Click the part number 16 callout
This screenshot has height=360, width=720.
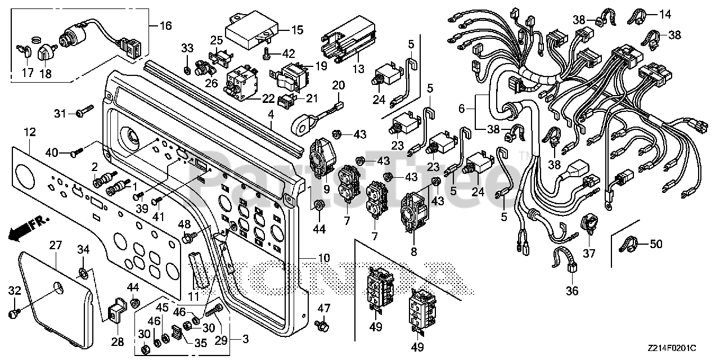(x=166, y=25)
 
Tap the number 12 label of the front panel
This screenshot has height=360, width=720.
(x=30, y=132)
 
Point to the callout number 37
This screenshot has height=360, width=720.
(x=589, y=254)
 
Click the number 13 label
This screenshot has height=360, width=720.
(x=359, y=69)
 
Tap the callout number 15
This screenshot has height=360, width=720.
(x=298, y=30)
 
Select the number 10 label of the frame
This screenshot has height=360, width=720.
(x=324, y=258)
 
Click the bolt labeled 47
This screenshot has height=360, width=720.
(x=322, y=326)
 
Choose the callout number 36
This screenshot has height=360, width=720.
(x=572, y=291)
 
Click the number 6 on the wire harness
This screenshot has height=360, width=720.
(x=462, y=109)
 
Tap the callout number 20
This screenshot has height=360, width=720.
(x=339, y=85)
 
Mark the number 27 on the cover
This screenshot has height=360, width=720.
(x=55, y=245)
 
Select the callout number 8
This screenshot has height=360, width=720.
(x=413, y=251)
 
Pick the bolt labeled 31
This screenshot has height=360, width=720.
(x=85, y=110)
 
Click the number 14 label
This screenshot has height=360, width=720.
(x=665, y=14)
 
